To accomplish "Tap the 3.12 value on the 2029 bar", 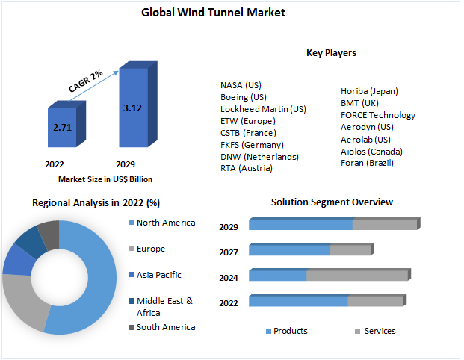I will coord(132,108).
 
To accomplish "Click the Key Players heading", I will coord(331,53).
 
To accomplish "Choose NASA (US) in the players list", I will coord(241,85).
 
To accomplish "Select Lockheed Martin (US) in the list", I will coord(263,109).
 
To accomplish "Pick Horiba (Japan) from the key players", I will coord(369,91).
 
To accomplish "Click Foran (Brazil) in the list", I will coord(366,163).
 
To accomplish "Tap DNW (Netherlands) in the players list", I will coord(259,157).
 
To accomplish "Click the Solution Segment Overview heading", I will coord(332,202).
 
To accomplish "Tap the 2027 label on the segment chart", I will coord(229,252).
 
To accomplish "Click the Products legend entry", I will coord(290,331).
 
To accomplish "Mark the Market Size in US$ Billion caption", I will coord(105,179).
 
